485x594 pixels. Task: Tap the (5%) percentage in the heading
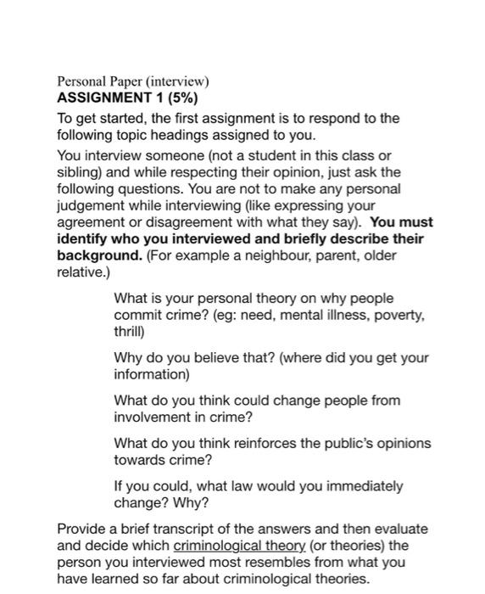pos(179,98)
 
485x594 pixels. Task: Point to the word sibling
pos(78,172)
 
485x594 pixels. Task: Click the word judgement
pos(92,206)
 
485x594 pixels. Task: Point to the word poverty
pos(396,316)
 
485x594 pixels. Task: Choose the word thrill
pos(129,332)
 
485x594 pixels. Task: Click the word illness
pos(343,316)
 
